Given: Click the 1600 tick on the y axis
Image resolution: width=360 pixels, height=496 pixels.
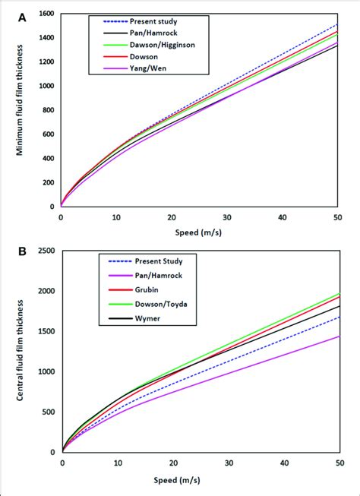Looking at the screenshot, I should point(46,14).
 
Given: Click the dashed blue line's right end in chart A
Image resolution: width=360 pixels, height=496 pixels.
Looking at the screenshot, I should point(339,25).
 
